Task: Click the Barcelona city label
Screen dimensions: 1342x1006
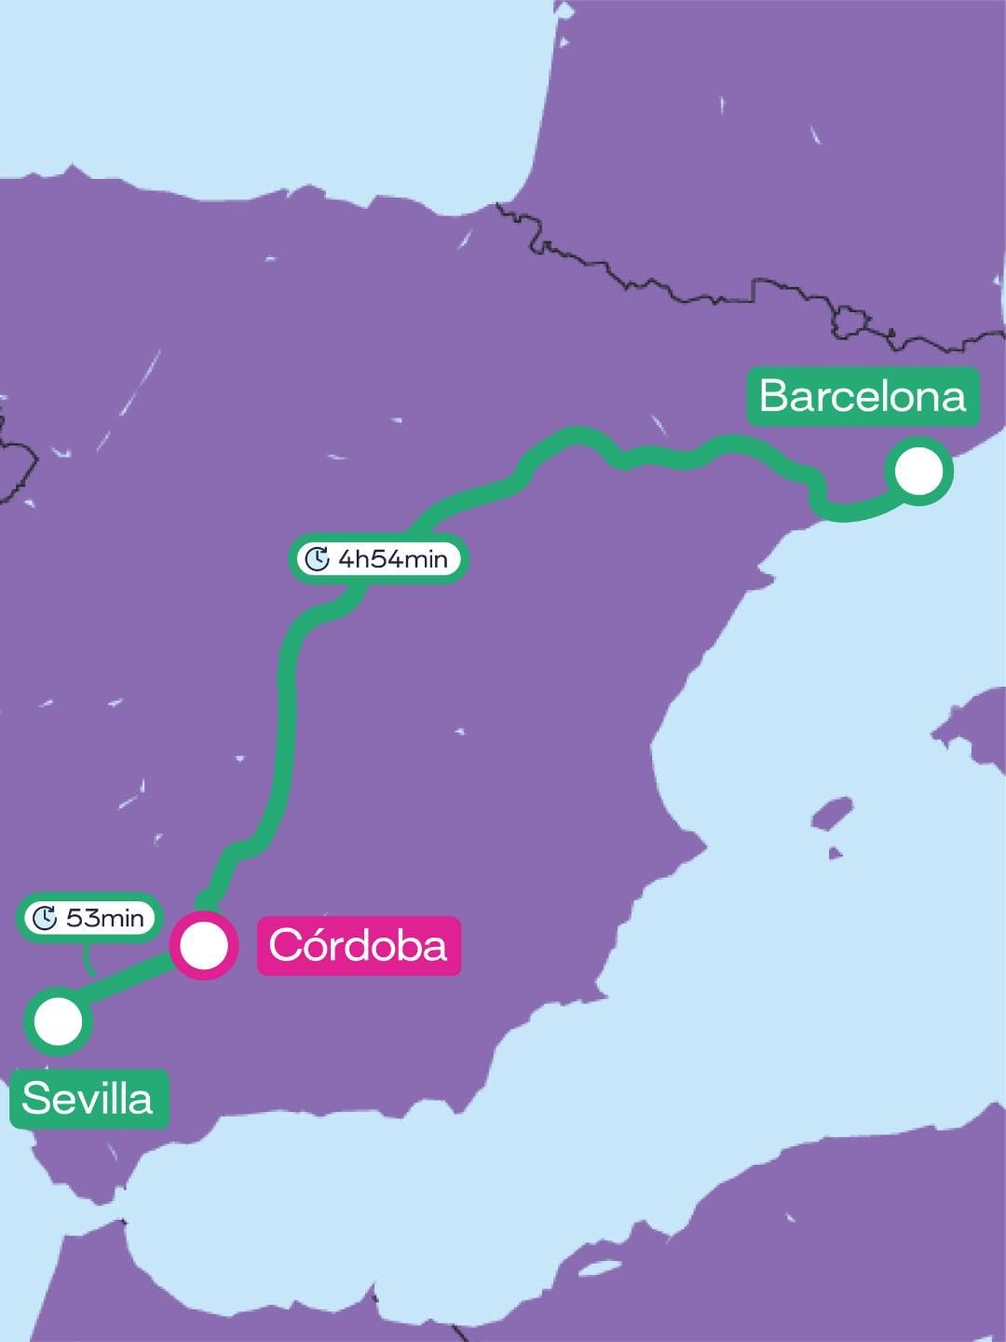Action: (x=863, y=396)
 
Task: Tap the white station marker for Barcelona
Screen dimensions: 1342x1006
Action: (x=920, y=471)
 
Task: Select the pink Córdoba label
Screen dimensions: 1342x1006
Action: (x=359, y=946)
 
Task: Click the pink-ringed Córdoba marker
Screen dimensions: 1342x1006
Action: (x=204, y=946)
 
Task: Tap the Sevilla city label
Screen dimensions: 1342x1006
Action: (x=88, y=1100)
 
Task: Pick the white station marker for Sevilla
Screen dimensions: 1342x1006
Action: (x=58, y=1021)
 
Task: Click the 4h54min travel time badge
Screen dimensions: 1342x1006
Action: (x=378, y=559)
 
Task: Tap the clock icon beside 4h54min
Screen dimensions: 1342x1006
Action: (x=318, y=559)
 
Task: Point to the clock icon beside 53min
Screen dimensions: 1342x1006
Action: (x=45, y=918)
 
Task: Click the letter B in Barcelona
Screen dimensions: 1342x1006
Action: (x=775, y=396)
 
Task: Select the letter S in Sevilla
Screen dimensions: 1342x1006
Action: (x=34, y=1100)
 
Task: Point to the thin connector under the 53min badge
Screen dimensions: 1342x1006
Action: (x=88, y=957)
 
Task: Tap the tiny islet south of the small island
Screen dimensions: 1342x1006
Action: (x=835, y=853)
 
